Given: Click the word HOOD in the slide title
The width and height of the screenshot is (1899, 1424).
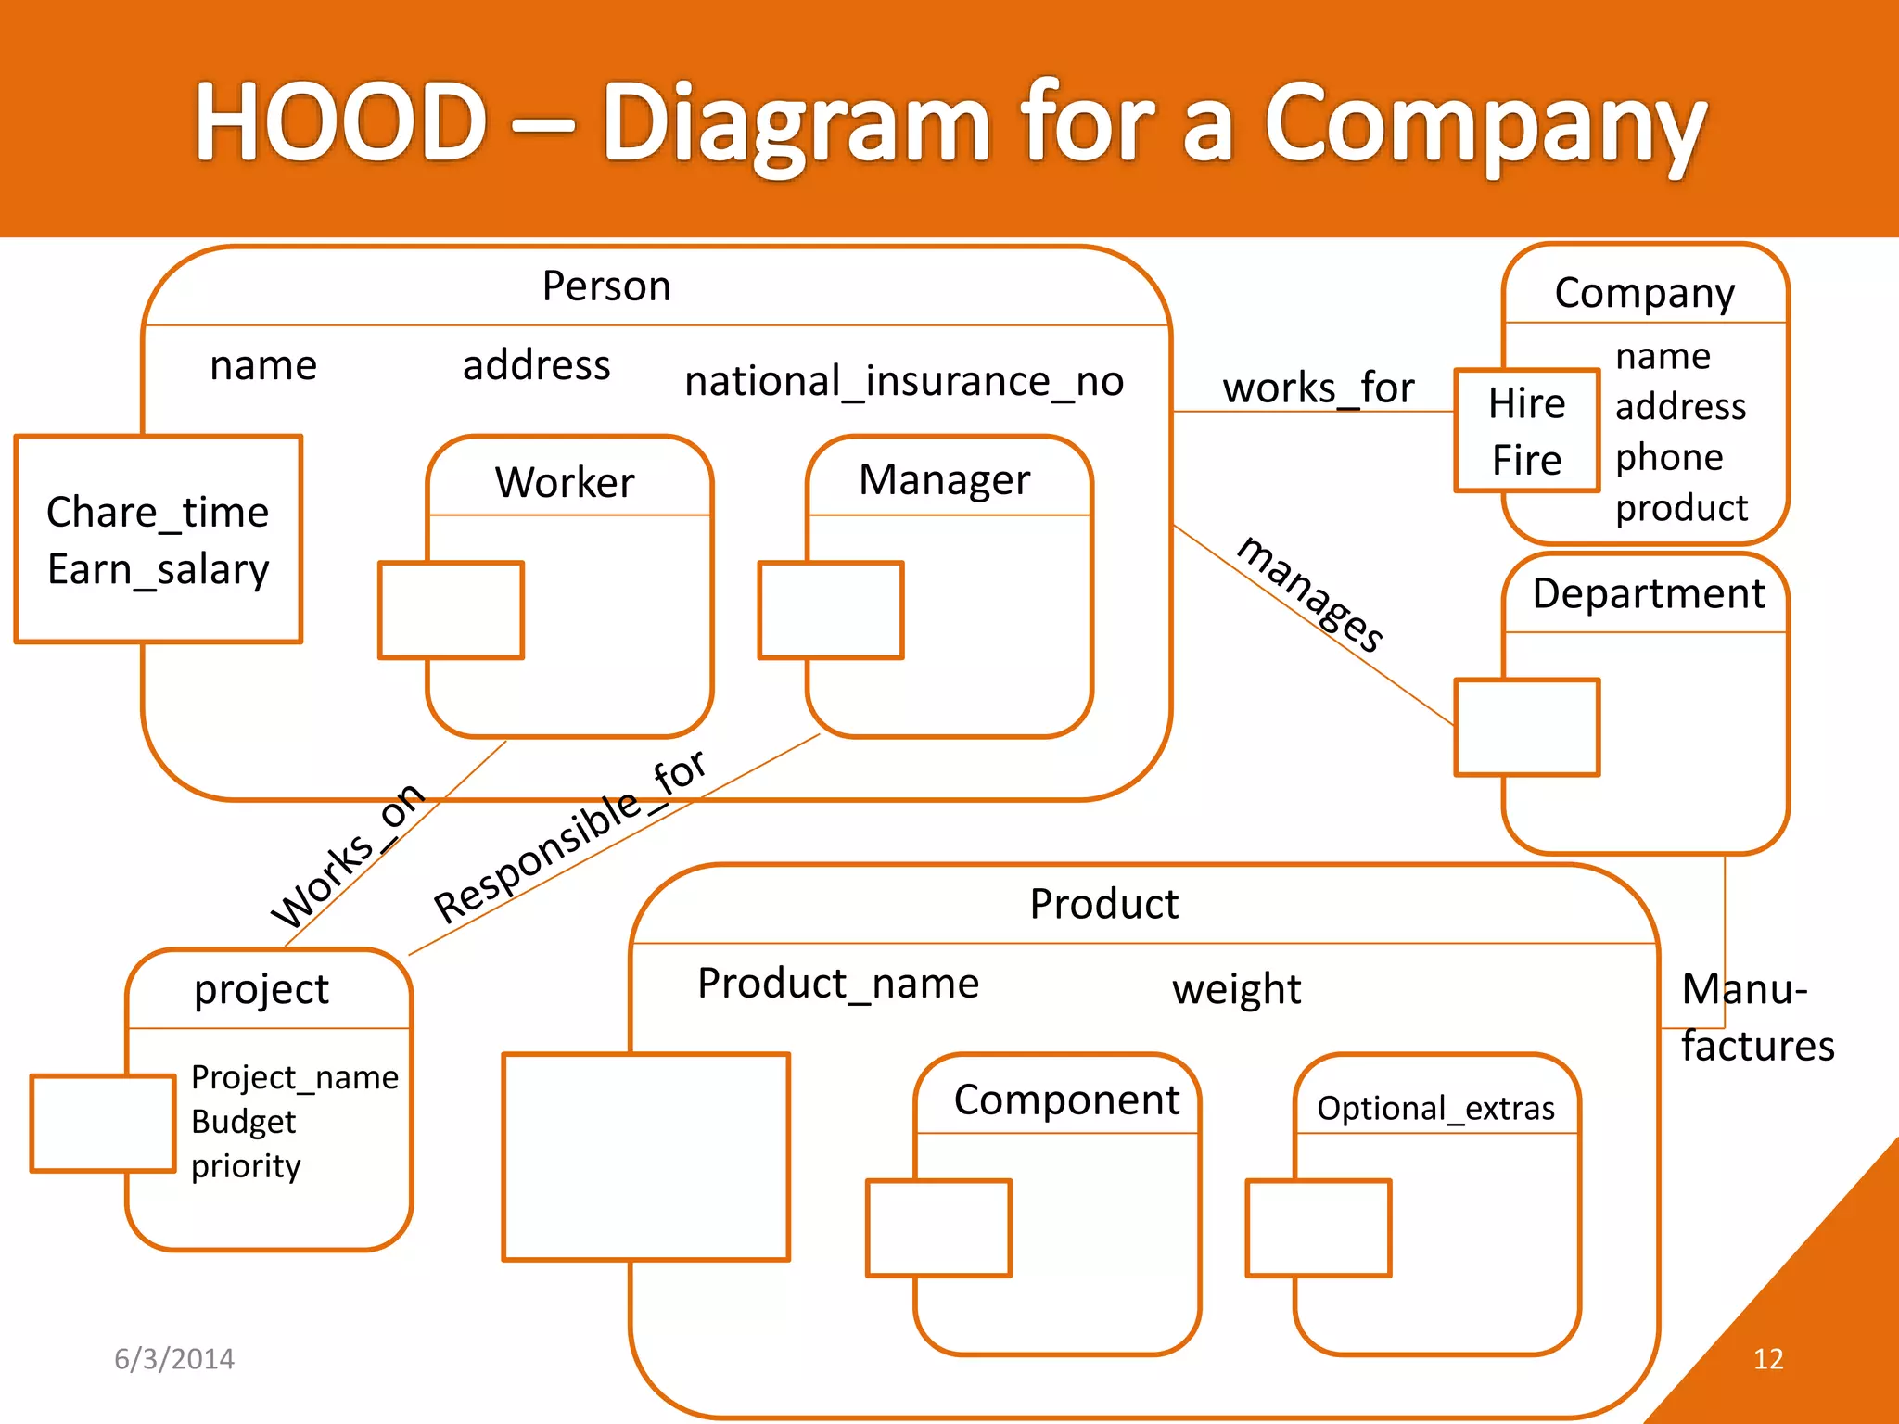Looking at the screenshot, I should point(340,121).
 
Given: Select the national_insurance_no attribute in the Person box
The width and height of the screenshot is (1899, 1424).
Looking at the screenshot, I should point(904,381).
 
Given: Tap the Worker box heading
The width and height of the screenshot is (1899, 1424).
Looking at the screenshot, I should point(565,482).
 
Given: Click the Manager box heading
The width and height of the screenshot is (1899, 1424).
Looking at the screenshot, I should point(944,480).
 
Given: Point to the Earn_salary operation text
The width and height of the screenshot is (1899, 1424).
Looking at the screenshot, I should point(159,569).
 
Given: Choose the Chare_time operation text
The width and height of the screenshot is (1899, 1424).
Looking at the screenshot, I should point(158,512).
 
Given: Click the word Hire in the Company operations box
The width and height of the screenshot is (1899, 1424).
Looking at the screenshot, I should point(1526,403).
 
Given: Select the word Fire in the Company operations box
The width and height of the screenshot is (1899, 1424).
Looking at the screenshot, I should point(1526,460).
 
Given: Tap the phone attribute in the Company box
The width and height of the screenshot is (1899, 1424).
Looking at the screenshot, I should point(1668,457).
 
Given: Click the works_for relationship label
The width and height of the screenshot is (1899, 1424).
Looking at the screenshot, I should point(1318,388).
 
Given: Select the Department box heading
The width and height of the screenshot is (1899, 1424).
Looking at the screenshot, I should point(1648,593).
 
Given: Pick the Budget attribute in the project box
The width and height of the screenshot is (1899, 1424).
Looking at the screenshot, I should point(243,1122).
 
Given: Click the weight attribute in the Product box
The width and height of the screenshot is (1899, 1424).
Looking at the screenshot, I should point(1236,989).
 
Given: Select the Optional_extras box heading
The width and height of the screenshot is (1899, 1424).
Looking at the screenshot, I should point(1434,1108).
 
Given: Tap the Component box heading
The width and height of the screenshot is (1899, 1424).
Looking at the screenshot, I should point(1066,1100).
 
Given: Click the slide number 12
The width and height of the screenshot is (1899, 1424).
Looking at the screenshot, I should point(1767,1359).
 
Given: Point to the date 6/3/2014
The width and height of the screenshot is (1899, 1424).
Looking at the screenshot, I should point(174,1359).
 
